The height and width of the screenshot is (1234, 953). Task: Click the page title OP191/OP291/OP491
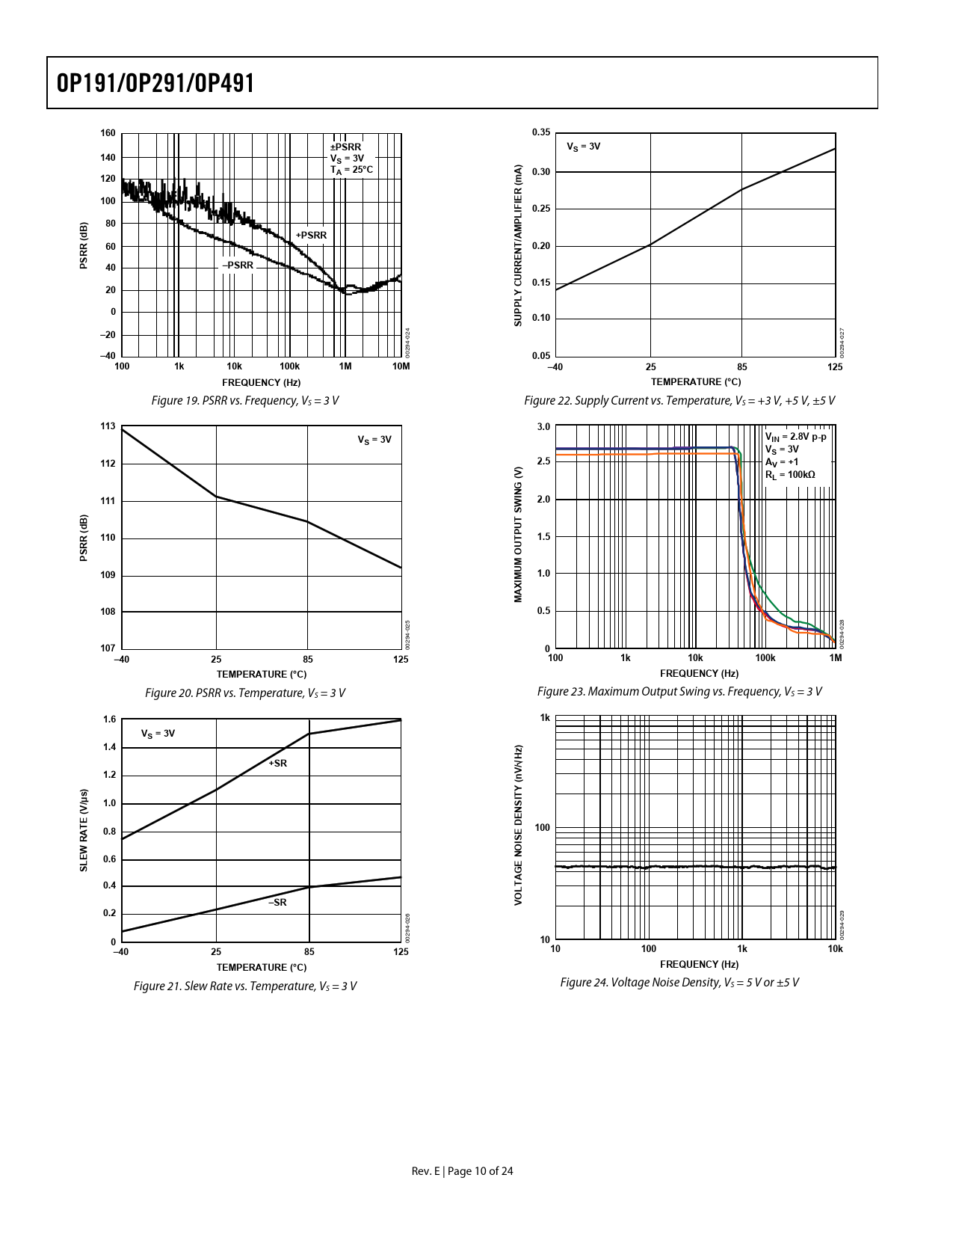(x=155, y=83)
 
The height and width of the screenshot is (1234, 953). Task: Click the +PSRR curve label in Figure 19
(x=311, y=235)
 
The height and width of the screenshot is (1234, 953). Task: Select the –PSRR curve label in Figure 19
(x=238, y=265)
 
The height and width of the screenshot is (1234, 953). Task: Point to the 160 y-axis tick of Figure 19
(x=108, y=133)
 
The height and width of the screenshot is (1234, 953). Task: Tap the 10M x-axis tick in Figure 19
(x=401, y=366)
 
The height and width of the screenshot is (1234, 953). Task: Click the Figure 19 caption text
(x=245, y=401)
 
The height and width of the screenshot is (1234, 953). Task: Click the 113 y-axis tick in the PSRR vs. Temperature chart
(x=108, y=426)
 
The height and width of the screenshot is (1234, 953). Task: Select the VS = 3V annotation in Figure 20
(x=374, y=440)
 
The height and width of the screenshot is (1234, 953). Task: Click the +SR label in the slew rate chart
(x=278, y=764)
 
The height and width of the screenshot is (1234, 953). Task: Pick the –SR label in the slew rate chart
(x=277, y=903)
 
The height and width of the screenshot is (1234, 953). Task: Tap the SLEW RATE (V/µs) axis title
(x=84, y=830)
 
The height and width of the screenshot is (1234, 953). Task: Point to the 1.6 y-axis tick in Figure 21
(x=109, y=719)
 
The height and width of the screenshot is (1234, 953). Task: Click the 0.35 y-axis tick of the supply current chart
(x=541, y=132)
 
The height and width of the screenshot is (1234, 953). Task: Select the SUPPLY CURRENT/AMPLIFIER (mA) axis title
(x=518, y=245)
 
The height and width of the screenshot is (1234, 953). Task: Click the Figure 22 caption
(x=679, y=401)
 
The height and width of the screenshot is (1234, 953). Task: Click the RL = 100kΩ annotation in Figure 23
(x=790, y=475)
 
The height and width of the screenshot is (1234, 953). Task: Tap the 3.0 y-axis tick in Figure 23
(x=543, y=427)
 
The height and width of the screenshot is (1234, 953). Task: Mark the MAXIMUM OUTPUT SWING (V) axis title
(x=518, y=534)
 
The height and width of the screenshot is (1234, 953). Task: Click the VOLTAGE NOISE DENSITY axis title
(x=518, y=825)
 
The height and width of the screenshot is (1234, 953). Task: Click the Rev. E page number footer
(x=463, y=1171)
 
